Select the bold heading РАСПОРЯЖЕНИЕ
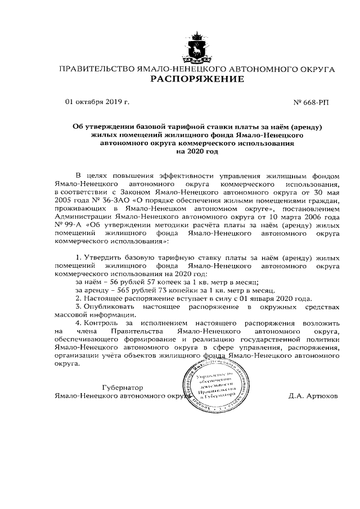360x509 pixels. (x=196, y=79)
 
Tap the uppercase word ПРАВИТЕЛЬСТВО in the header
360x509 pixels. (x=93, y=69)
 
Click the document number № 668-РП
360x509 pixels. (x=312, y=102)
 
